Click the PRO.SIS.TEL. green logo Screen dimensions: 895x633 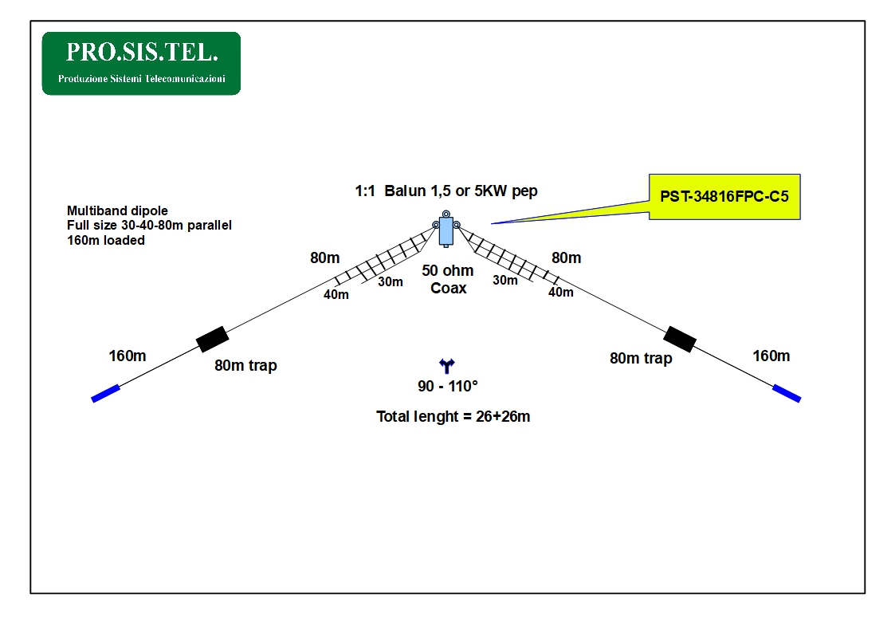[x=141, y=63]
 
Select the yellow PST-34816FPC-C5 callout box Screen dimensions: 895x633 [x=724, y=197]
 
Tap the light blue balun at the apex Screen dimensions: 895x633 [x=446, y=230]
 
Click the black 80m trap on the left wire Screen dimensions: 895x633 [x=212, y=339]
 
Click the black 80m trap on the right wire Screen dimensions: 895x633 [x=680, y=339]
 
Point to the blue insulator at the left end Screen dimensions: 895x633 [x=105, y=393]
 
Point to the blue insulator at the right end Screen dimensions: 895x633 [x=787, y=393]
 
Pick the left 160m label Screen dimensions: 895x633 [x=128, y=356]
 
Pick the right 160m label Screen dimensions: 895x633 [x=771, y=356]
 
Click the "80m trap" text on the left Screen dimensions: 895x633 [x=245, y=366]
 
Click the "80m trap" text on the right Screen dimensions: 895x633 [x=641, y=359]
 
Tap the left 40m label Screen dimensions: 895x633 [x=336, y=295]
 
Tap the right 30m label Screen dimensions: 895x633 [x=505, y=281]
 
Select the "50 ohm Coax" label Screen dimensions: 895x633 [x=448, y=279]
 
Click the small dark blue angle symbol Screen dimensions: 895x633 [x=447, y=366]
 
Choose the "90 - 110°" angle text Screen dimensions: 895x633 [x=448, y=387]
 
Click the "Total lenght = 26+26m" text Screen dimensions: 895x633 [x=453, y=417]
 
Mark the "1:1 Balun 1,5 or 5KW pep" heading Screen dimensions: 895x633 [x=446, y=191]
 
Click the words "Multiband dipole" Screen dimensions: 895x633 [x=118, y=210]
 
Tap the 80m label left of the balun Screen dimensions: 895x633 [x=325, y=258]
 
